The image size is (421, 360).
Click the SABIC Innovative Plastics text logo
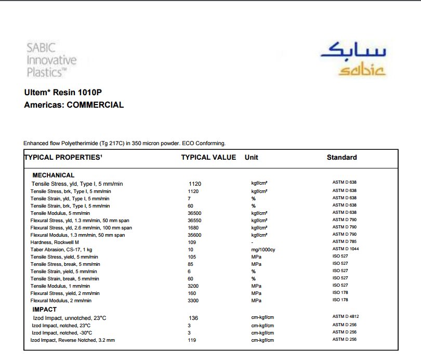click(51, 60)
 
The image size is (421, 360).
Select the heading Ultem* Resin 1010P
click(63, 93)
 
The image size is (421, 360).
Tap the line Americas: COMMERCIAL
click(74, 105)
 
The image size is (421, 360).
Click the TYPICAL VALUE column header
click(208, 157)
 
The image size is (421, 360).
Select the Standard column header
click(341, 157)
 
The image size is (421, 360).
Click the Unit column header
click(252, 157)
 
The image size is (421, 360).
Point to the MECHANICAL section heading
click(54, 175)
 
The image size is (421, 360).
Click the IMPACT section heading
click(45, 310)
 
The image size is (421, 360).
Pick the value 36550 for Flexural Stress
click(194, 221)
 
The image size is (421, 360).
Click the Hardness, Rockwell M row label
click(55, 242)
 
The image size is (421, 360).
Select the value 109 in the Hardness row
click(192, 242)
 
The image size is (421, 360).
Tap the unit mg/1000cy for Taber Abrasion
click(263, 250)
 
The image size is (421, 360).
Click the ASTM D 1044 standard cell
click(346, 249)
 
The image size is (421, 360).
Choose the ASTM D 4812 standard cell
click(346, 317)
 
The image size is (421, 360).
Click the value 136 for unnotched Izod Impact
click(193, 318)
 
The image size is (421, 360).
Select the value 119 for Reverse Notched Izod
click(192, 340)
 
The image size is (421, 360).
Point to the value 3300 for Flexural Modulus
click(193, 301)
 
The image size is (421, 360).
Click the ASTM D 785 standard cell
click(345, 241)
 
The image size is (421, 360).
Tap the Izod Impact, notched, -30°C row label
click(62, 333)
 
